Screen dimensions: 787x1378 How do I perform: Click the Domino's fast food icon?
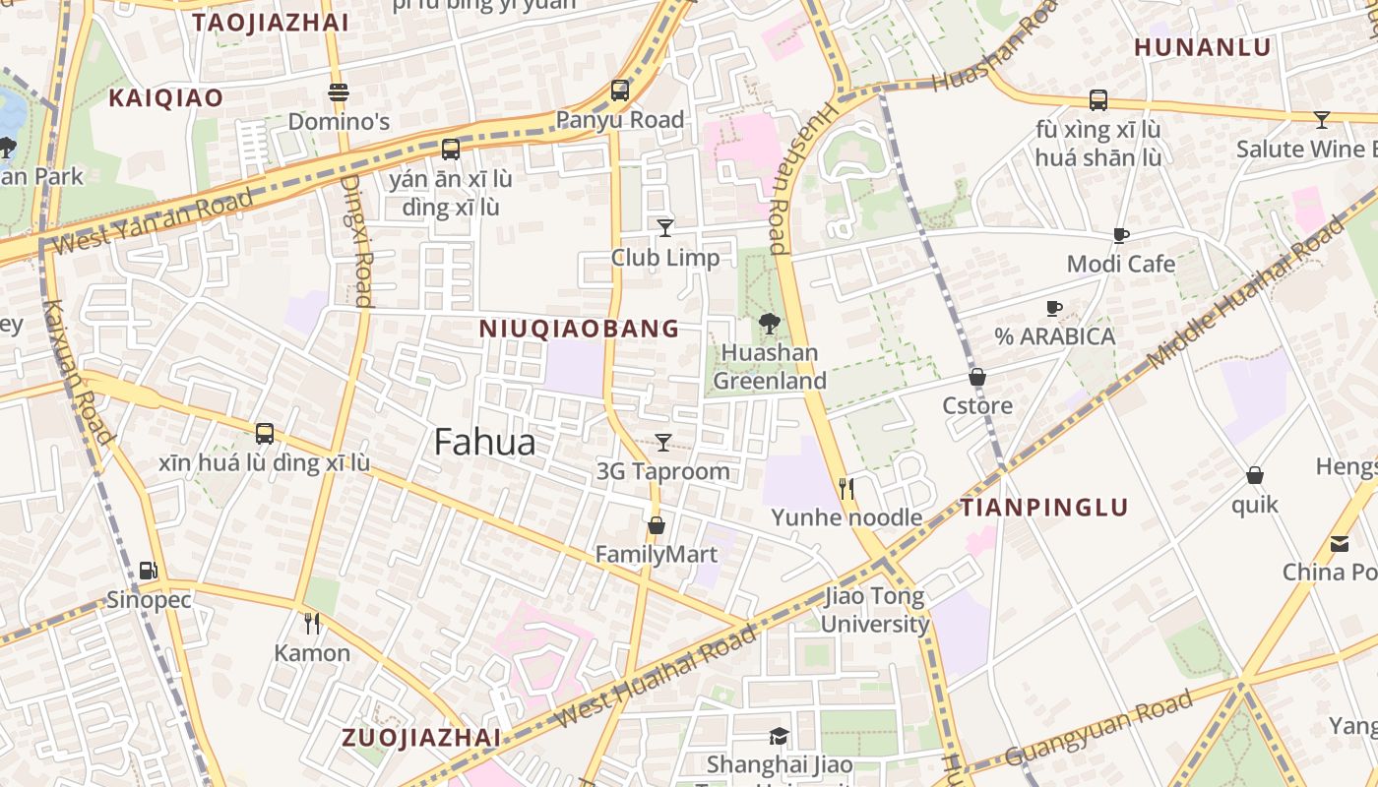click(x=339, y=93)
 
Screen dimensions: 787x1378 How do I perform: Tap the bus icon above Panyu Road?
click(x=620, y=91)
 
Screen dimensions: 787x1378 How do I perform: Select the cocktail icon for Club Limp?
click(x=665, y=228)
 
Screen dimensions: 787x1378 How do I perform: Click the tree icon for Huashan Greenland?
click(x=769, y=323)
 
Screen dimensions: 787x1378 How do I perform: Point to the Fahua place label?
click(x=484, y=443)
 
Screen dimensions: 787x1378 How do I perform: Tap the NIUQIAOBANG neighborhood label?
click(x=579, y=329)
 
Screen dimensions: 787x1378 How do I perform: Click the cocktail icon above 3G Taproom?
click(x=663, y=443)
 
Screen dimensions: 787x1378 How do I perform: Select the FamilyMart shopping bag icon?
click(x=657, y=525)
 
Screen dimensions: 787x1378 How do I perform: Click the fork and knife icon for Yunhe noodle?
click(x=846, y=488)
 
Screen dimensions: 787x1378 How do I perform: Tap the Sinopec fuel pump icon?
click(x=148, y=570)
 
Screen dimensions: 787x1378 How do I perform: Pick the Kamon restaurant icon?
click(x=312, y=623)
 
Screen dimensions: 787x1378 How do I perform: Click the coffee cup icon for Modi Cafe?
click(x=1120, y=235)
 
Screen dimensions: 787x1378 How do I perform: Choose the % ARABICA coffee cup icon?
click(x=1054, y=308)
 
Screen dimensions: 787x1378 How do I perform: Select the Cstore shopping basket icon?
click(x=977, y=377)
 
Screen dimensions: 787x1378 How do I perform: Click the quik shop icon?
click(x=1255, y=475)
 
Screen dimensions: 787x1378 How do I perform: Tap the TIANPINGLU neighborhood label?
click(x=1044, y=508)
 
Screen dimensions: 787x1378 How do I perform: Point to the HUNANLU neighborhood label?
click(x=1202, y=47)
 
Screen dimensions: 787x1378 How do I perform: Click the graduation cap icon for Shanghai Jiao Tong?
click(x=779, y=736)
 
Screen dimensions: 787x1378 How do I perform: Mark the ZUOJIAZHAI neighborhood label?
click(x=420, y=738)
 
